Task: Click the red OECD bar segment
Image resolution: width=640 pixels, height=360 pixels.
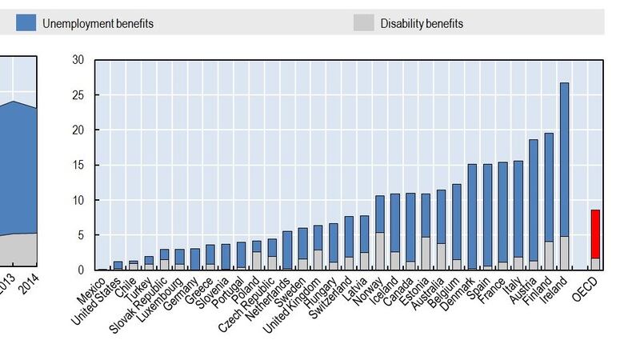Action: (x=595, y=234)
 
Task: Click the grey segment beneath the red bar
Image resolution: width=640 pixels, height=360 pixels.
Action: (x=595, y=264)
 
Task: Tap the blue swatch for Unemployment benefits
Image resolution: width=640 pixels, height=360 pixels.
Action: (x=26, y=23)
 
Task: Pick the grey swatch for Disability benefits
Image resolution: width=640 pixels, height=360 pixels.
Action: (x=365, y=23)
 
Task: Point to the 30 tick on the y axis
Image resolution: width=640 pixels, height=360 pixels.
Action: (x=78, y=60)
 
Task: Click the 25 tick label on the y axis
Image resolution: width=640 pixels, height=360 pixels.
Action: (x=78, y=95)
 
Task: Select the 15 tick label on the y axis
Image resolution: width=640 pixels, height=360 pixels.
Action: (x=78, y=165)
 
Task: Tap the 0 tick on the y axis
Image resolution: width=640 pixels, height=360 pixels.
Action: (x=81, y=270)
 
